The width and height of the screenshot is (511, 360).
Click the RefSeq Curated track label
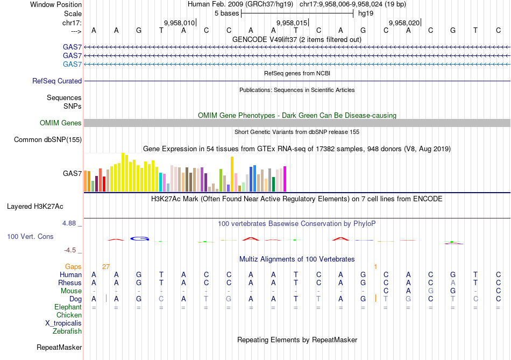point(57,81)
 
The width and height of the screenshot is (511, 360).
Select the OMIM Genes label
point(61,123)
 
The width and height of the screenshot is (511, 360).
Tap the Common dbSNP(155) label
point(48,140)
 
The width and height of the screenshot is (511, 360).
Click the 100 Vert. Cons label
point(30,236)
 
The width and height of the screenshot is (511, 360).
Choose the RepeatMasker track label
point(59,348)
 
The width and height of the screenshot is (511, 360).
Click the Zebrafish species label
point(67,331)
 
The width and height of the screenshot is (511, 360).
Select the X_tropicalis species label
point(63,323)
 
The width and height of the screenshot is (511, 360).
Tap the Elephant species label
point(68,307)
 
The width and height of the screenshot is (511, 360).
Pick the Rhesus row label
point(70,283)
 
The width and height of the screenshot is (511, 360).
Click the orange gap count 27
point(106,266)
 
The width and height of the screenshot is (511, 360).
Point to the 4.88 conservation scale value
point(72,223)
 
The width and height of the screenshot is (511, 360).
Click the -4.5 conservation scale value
point(73,250)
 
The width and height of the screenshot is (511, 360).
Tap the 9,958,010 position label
point(179,23)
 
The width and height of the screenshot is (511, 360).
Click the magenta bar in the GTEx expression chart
point(285,179)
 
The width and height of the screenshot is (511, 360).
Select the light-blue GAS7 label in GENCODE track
point(72,65)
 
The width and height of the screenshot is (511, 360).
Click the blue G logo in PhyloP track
point(140,238)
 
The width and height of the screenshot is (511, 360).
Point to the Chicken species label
point(69,315)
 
